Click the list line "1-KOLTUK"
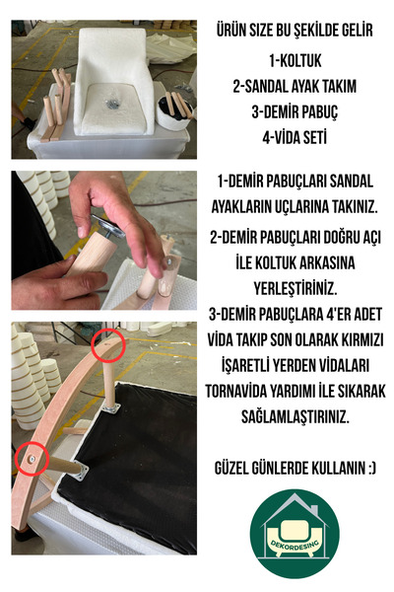295,60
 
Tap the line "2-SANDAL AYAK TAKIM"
295,86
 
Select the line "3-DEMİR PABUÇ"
295,111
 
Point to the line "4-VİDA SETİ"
295,137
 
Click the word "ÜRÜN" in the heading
230,31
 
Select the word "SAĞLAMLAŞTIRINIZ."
295,416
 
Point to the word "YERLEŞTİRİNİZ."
295,288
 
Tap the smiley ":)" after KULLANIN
370,468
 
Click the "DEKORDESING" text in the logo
295,544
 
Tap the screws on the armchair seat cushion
112,103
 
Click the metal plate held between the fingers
107,225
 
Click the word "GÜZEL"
232,468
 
